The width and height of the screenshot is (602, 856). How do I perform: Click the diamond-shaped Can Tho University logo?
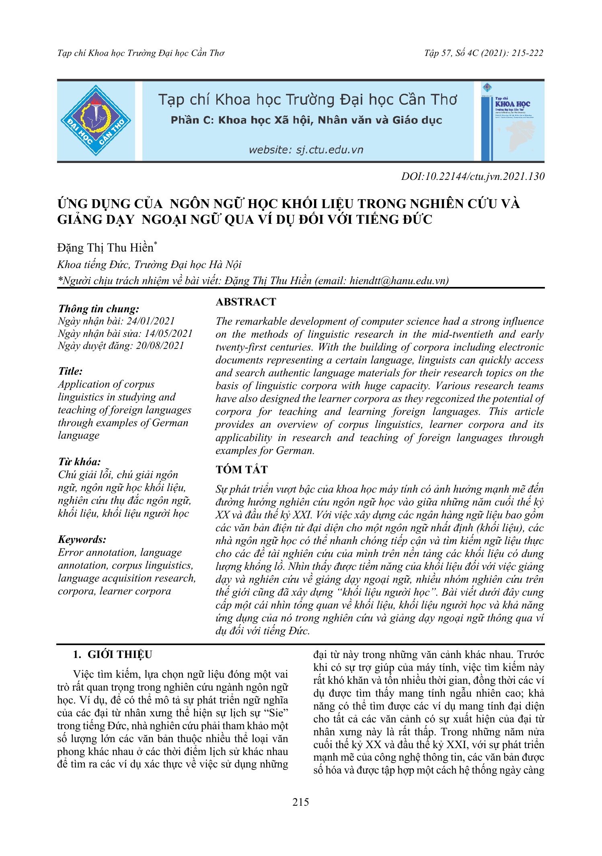[x=96, y=120]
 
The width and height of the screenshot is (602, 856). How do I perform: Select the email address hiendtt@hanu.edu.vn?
[x=397, y=281]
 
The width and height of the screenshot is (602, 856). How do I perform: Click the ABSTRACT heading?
[x=246, y=302]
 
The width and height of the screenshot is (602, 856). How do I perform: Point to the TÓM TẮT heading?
[x=241, y=470]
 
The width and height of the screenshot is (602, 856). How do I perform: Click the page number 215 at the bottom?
[x=300, y=802]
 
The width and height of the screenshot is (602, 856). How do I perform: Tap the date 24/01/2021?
[x=151, y=321]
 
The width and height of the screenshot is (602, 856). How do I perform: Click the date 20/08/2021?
[x=160, y=345]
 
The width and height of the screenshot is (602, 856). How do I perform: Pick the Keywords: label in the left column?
[x=82, y=539]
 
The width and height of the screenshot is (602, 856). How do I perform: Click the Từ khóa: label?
[x=79, y=462]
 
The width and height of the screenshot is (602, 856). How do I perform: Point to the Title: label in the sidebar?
[x=70, y=371]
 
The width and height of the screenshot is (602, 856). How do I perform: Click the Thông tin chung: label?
[x=99, y=309]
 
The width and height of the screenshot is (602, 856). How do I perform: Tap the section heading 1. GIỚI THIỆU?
[x=113, y=654]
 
